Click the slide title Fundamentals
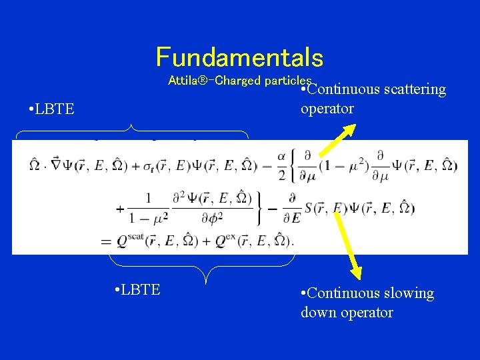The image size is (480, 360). tap(239, 57)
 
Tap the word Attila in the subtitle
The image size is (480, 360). tap(181, 81)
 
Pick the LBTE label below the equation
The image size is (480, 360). tap(137, 289)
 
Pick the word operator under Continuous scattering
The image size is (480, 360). tap(327, 109)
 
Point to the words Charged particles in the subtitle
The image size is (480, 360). tap(270, 81)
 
